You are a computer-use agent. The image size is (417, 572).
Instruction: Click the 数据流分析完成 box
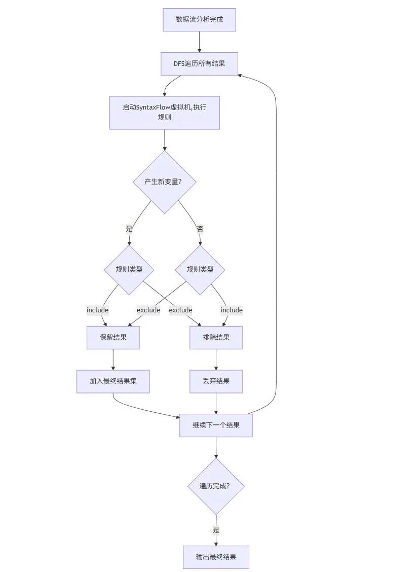click(x=200, y=20)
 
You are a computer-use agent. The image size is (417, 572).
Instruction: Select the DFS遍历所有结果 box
click(x=200, y=64)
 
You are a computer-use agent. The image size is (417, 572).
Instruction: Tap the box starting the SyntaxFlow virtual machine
click(x=164, y=113)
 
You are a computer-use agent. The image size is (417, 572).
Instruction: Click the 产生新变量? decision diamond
click(x=164, y=182)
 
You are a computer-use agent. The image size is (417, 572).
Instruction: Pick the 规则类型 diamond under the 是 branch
click(x=129, y=270)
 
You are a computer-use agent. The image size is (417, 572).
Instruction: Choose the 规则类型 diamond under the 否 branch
click(x=200, y=270)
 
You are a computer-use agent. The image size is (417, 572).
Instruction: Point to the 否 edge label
click(x=200, y=229)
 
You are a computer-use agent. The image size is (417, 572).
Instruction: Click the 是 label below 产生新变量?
click(x=129, y=229)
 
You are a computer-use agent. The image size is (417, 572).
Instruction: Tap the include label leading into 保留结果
click(x=97, y=310)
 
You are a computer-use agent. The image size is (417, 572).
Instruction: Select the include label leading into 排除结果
click(x=232, y=310)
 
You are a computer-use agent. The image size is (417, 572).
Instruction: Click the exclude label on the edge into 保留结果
click(x=148, y=310)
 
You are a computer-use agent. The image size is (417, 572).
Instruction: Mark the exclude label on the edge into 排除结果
click(x=180, y=310)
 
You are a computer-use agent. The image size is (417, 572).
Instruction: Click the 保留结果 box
click(x=113, y=337)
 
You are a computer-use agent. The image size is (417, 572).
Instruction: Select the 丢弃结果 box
click(x=216, y=381)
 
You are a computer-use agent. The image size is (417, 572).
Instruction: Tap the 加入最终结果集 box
click(x=113, y=381)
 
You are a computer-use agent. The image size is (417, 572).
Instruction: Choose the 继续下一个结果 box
click(x=216, y=425)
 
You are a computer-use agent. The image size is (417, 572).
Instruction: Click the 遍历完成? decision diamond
click(x=216, y=486)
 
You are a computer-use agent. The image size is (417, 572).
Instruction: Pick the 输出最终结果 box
click(x=216, y=557)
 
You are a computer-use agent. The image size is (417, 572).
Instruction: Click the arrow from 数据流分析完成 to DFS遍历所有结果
click(x=200, y=42)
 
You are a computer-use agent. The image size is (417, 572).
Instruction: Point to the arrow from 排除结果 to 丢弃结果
click(x=216, y=360)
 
